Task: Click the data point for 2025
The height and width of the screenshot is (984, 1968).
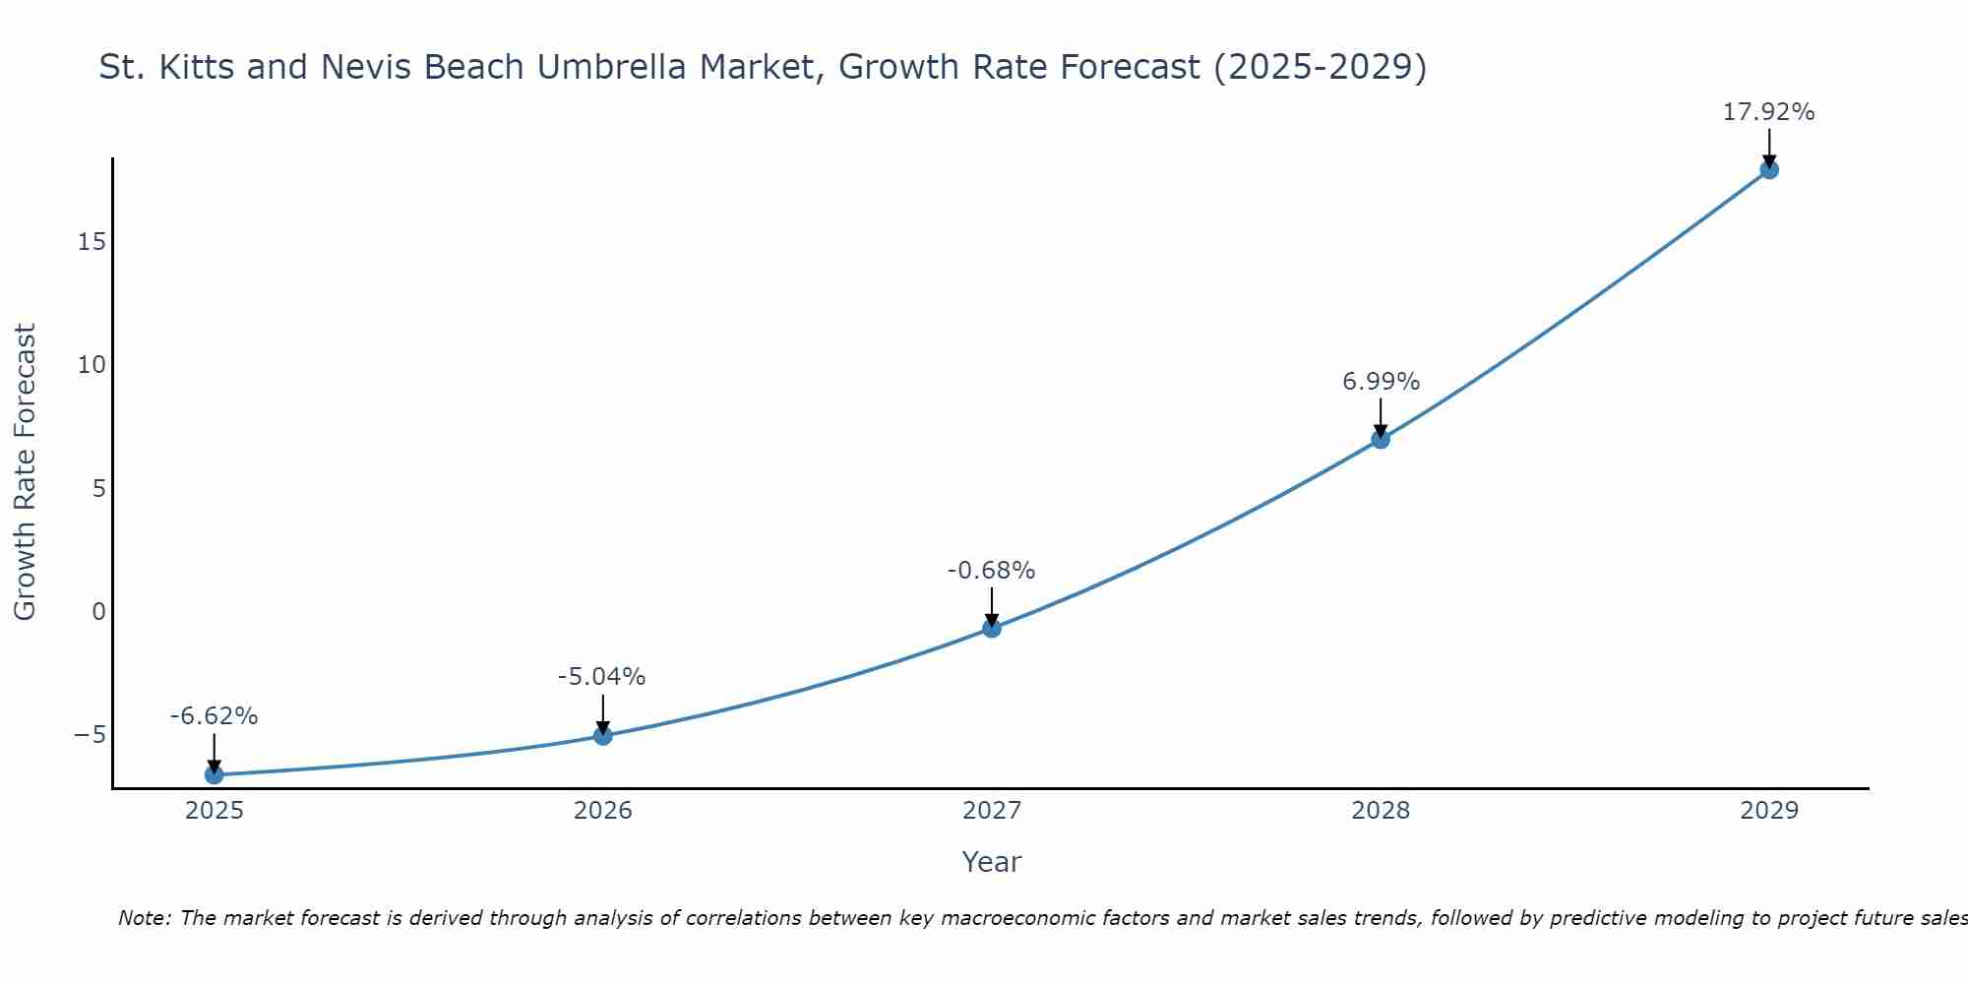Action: pyautogui.click(x=214, y=775)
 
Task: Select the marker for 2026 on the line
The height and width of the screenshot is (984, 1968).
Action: pyautogui.click(x=603, y=736)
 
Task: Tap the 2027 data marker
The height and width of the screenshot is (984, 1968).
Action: pyautogui.click(x=992, y=628)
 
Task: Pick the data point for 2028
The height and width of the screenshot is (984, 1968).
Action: pyautogui.click(x=1381, y=439)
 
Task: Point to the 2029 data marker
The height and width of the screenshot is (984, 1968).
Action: pyautogui.click(x=1769, y=169)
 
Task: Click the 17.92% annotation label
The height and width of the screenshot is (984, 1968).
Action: pyautogui.click(x=1768, y=112)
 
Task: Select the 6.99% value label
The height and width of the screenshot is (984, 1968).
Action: pyautogui.click(x=1381, y=382)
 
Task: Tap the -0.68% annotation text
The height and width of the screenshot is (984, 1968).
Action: pyautogui.click(x=991, y=571)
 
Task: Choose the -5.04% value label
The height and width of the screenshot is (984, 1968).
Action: pyautogui.click(x=601, y=677)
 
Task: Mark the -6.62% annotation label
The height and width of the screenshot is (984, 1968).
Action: pyautogui.click(x=214, y=716)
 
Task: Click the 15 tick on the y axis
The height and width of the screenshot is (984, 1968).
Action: pyautogui.click(x=92, y=242)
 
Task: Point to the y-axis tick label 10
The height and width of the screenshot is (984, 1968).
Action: pyautogui.click(x=92, y=365)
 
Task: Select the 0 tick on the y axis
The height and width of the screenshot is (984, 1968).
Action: pyautogui.click(x=98, y=612)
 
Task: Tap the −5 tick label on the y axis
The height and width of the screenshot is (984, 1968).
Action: pyautogui.click(x=90, y=735)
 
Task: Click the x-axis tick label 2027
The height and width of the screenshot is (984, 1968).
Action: pyautogui.click(x=992, y=811)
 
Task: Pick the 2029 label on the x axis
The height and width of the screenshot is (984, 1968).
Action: pyautogui.click(x=1769, y=811)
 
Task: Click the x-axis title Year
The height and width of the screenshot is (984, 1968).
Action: pyautogui.click(x=992, y=862)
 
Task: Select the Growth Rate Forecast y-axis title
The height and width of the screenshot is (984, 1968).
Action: pyautogui.click(x=25, y=472)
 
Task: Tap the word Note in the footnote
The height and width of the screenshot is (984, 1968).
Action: pyautogui.click(x=145, y=918)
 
